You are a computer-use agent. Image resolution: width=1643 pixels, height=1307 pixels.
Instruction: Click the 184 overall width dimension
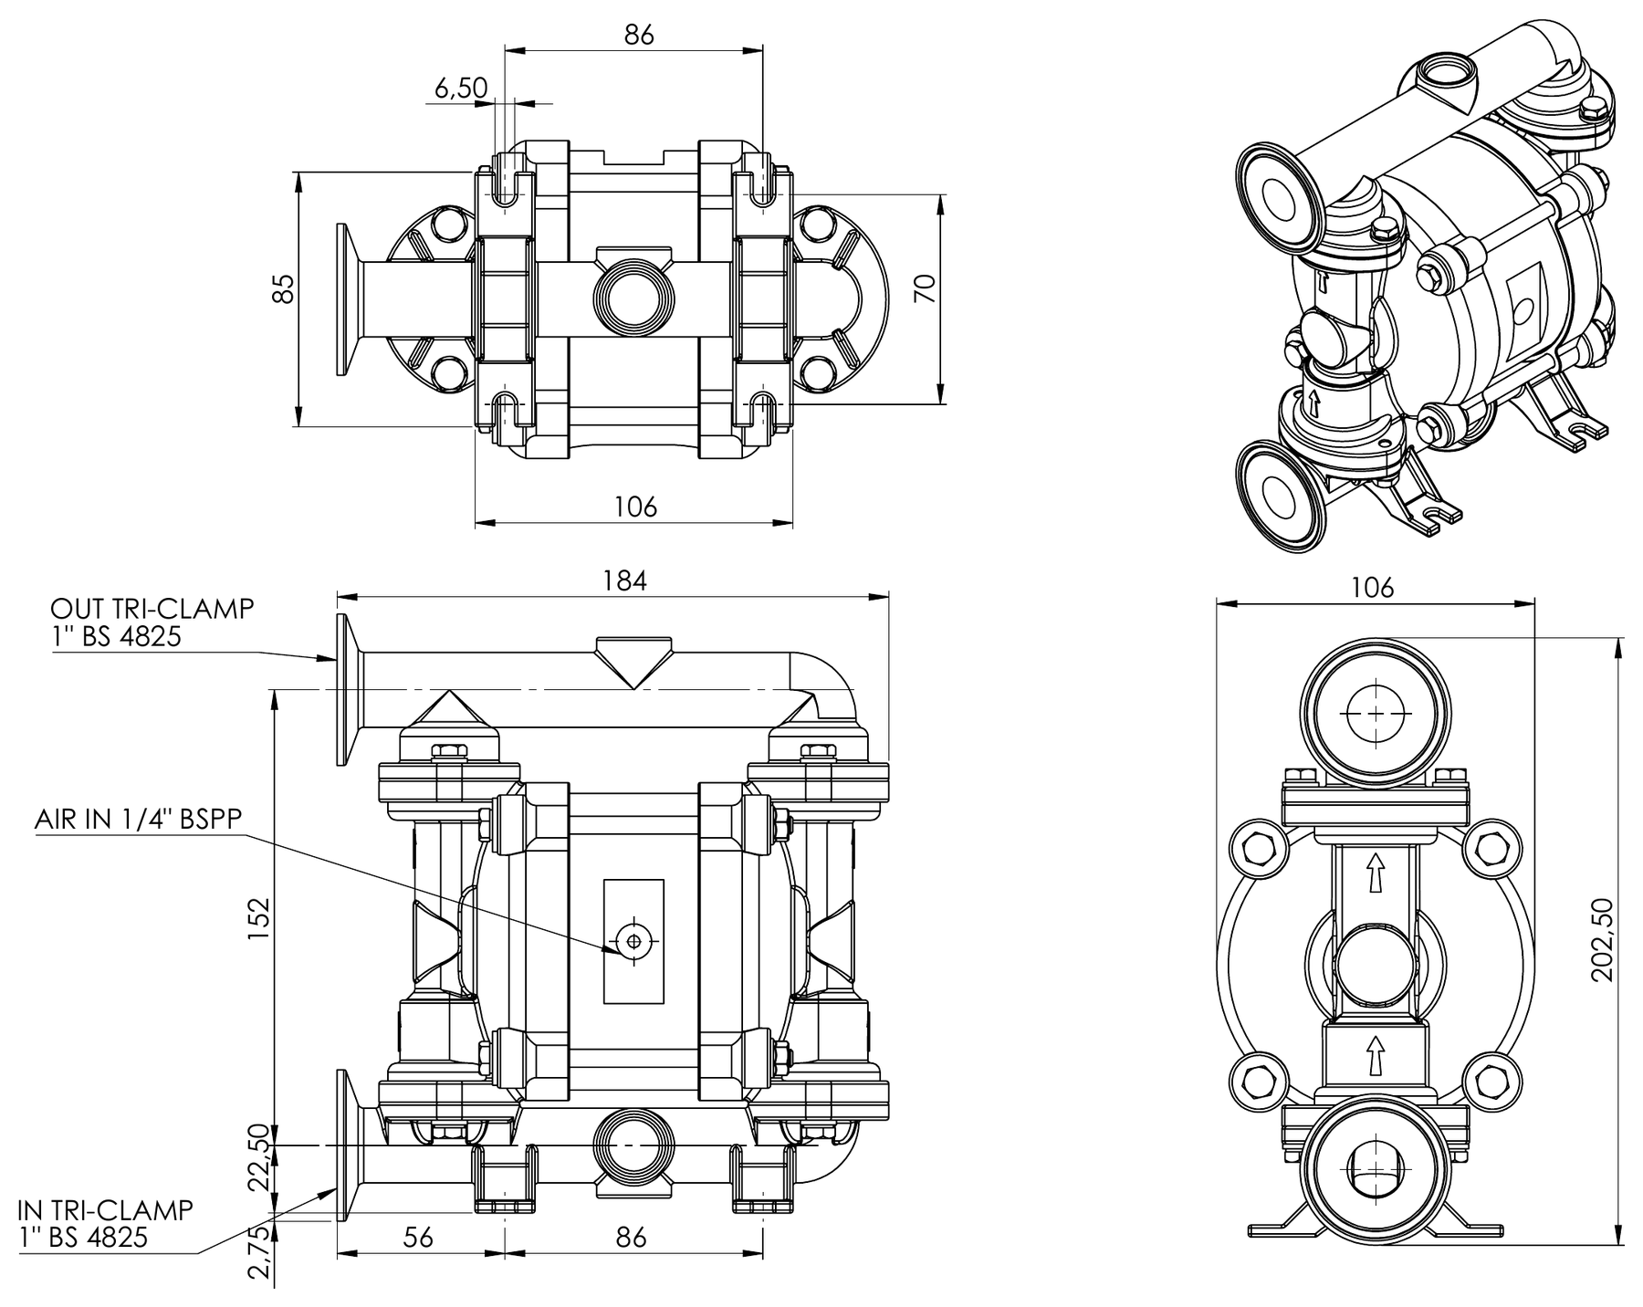click(624, 580)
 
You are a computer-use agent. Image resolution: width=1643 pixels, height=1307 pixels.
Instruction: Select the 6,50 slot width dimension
click(461, 88)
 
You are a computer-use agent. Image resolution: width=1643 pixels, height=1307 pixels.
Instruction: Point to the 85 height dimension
click(285, 288)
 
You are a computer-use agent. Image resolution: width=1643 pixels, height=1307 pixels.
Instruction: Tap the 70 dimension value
click(925, 288)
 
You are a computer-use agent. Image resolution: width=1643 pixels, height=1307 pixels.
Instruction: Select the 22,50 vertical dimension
click(259, 1157)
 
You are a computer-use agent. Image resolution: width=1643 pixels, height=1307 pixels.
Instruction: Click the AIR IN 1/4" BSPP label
click(139, 819)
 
